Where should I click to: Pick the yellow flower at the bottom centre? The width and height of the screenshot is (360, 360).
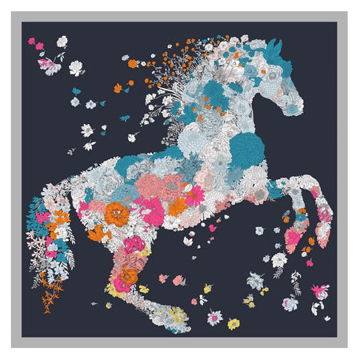[233, 324]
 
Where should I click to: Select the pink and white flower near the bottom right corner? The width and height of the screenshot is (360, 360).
[321, 290]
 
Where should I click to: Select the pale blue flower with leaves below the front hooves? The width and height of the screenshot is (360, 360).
[256, 280]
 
